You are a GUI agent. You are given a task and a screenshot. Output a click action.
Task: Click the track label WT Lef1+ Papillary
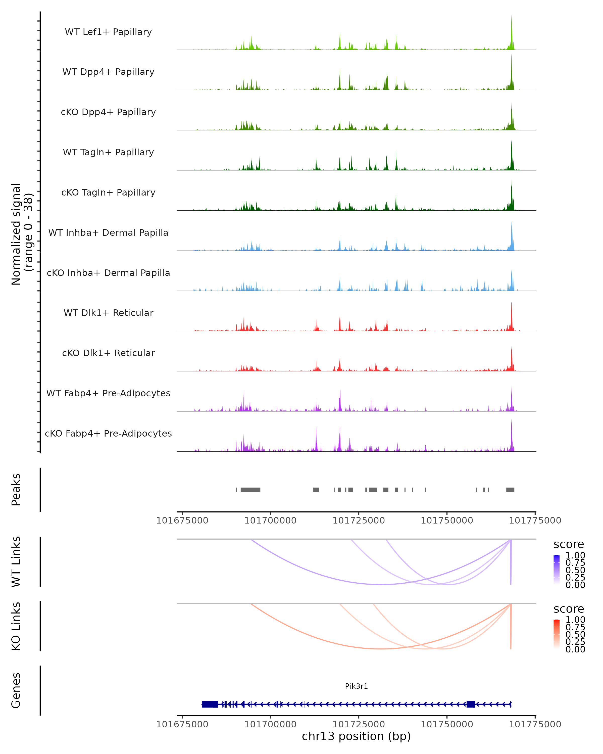(108, 32)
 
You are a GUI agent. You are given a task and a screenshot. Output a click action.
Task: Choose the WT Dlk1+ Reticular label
(108, 313)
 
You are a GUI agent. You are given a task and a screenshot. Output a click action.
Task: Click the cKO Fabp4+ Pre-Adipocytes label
(108, 433)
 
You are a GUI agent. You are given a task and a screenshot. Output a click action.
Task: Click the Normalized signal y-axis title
(22, 234)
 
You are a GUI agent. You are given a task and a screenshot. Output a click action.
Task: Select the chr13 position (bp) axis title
(356, 736)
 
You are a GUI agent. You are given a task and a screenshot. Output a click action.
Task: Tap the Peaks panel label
(16, 490)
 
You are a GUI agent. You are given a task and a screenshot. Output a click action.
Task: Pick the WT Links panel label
(16, 562)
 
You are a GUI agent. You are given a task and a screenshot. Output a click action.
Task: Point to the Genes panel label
(16, 691)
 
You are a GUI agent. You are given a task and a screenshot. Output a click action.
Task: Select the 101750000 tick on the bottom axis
(447, 724)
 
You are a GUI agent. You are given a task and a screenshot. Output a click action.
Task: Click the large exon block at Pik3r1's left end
(210, 704)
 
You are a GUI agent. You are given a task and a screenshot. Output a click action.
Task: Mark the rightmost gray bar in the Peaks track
(510, 490)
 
